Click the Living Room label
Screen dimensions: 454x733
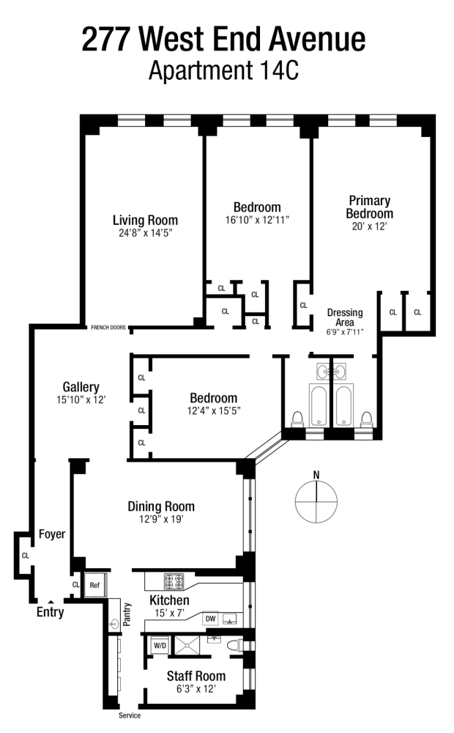click(x=145, y=220)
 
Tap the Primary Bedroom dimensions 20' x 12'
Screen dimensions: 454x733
click(x=370, y=226)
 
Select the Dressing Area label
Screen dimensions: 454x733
click(x=345, y=317)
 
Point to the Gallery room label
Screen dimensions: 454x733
click(x=81, y=387)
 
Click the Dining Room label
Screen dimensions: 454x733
click(x=161, y=507)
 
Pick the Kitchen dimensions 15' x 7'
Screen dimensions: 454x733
click(x=170, y=613)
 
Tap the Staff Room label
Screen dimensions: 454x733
click(x=196, y=676)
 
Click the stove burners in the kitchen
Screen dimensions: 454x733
click(x=174, y=582)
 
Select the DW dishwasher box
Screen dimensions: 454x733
click(x=211, y=619)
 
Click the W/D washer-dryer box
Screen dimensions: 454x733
click(x=160, y=646)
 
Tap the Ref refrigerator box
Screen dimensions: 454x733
click(x=94, y=585)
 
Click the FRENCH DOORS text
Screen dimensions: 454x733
click(x=108, y=327)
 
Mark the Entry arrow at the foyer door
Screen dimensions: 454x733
click(x=51, y=602)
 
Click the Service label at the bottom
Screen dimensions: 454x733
click(x=130, y=715)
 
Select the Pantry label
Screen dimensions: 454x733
click(x=127, y=614)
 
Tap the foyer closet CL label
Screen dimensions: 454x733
click(x=26, y=556)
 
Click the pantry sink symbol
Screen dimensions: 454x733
click(x=114, y=623)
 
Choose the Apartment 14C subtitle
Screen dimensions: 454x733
click(x=224, y=71)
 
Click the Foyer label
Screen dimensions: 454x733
click(x=52, y=534)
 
